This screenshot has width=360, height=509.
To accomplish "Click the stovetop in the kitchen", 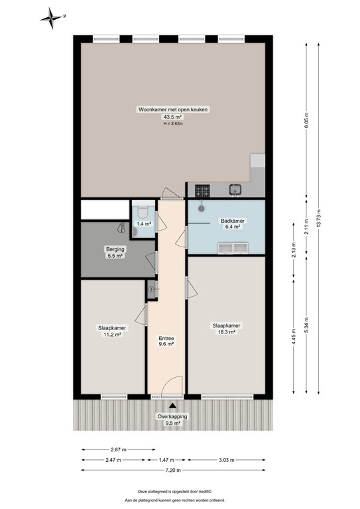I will coord(203,191).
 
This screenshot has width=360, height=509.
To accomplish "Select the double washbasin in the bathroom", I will coord(231,248).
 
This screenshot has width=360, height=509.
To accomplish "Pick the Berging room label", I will coord(114,249).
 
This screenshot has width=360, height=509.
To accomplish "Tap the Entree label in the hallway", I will coord(166,337).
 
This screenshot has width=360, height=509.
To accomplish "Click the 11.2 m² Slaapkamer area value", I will coord(112,335).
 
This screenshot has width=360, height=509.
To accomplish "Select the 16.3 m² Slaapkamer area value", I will coord(226,333).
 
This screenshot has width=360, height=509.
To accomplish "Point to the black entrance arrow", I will coord(172,406).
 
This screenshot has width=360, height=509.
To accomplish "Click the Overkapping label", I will coord(172,416).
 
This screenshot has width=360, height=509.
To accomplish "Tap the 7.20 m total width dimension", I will coord(174,471).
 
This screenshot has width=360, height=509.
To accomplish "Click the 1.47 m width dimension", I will coord(167,459).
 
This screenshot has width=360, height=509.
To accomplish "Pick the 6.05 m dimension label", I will coord(306,117).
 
